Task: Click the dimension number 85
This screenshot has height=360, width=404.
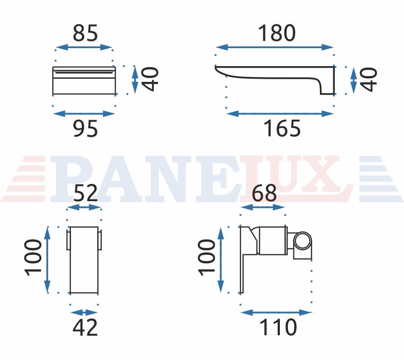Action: [x=85, y=33]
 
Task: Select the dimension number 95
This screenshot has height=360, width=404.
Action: [x=85, y=128]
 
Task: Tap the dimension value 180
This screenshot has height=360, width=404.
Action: [x=277, y=33]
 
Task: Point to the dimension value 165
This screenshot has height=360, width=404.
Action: [x=282, y=128]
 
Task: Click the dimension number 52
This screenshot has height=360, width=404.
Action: [x=85, y=193]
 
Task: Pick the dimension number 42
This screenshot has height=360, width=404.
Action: [x=85, y=327]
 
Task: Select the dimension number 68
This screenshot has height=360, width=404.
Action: [x=264, y=193]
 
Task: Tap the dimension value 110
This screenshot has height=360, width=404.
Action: [x=278, y=327]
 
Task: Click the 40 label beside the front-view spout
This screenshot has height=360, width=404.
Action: [x=150, y=79]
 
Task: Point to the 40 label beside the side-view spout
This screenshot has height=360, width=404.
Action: [x=369, y=79]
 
